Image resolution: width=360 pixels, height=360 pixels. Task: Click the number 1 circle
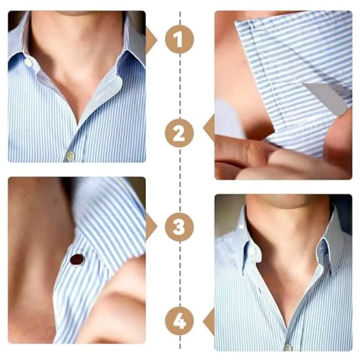pyautogui.click(x=179, y=39)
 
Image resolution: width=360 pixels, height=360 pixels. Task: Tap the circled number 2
pyautogui.click(x=179, y=133)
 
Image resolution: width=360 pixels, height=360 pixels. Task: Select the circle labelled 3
pyautogui.click(x=179, y=227)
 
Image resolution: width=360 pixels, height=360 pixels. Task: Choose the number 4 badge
pyautogui.click(x=179, y=321)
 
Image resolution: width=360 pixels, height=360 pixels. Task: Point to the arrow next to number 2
pyautogui.click(x=209, y=127)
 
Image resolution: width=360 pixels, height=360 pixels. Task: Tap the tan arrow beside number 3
pyautogui.click(x=151, y=226)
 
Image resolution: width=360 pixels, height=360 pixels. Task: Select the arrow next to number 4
pyautogui.click(x=209, y=321)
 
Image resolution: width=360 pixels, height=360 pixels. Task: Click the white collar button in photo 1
pyautogui.click(x=29, y=62)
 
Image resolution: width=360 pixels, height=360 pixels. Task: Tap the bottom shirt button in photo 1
pyautogui.click(x=71, y=156)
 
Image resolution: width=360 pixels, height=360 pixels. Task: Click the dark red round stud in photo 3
pyautogui.click(x=77, y=260)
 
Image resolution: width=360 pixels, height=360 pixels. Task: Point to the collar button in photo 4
pyautogui.click(x=252, y=252)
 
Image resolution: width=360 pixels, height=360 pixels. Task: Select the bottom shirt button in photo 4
pyautogui.click(x=287, y=347)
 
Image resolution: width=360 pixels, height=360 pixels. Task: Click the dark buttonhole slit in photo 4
pyautogui.click(x=260, y=291)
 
